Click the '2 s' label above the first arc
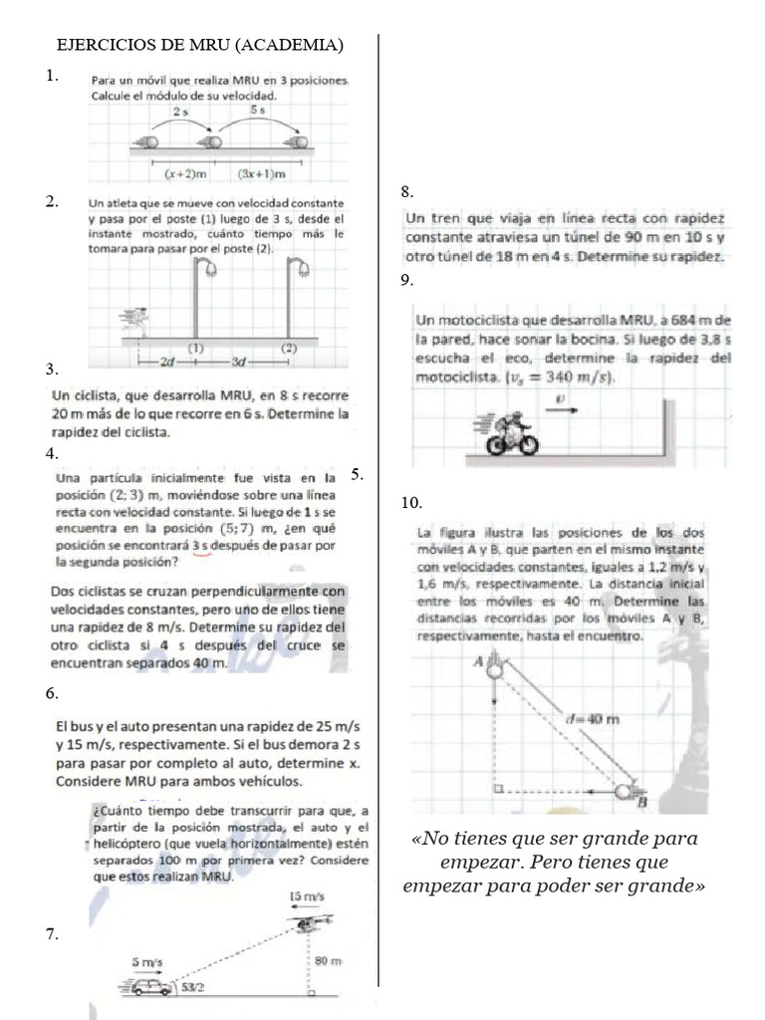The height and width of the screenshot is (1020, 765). pos(180,113)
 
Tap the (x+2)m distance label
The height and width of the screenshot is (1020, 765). pos(184,173)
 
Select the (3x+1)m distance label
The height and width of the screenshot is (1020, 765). pos(262,173)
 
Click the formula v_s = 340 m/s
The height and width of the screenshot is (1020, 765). pos(561,378)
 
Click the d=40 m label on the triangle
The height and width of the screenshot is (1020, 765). pos(591,717)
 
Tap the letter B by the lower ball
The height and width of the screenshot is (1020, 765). pos(641,802)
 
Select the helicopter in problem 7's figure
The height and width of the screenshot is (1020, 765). pos(305,925)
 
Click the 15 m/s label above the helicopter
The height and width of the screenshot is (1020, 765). pos(306,896)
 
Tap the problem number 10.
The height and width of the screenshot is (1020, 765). pos(411,501)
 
